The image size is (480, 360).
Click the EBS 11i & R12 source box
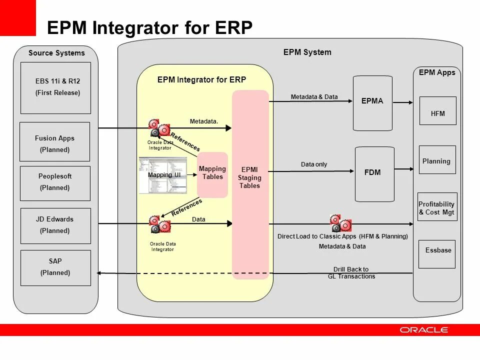[55, 88]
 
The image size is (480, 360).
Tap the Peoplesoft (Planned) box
[55, 183]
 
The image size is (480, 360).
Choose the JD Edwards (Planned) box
[55, 225]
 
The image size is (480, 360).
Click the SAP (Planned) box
[55, 268]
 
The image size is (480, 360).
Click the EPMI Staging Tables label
[249, 178]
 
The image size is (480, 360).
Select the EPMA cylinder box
[372, 102]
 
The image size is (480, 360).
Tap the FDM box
[374, 173]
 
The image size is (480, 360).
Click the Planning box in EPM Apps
[437, 160]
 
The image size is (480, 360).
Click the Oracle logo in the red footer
[424, 329]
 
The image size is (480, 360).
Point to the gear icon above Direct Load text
[341, 222]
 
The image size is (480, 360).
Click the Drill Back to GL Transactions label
[351, 272]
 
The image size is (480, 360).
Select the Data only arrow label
[314, 164]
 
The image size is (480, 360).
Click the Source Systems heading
[56, 53]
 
